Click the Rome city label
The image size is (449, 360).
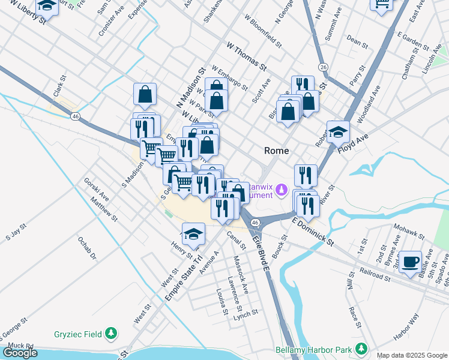(x=277, y=151)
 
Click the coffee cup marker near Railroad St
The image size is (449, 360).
(x=411, y=262)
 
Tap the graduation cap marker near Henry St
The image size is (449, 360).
(x=193, y=234)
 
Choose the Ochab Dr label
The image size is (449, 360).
(x=86, y=248)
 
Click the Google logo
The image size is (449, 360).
(x=20, y=353)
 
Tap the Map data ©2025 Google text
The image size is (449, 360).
(x=412, y=355)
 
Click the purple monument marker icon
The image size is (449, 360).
(x=282, y=190)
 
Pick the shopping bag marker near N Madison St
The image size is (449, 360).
(x=145, y=94)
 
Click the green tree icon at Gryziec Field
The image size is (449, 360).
(x=110, y=333)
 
